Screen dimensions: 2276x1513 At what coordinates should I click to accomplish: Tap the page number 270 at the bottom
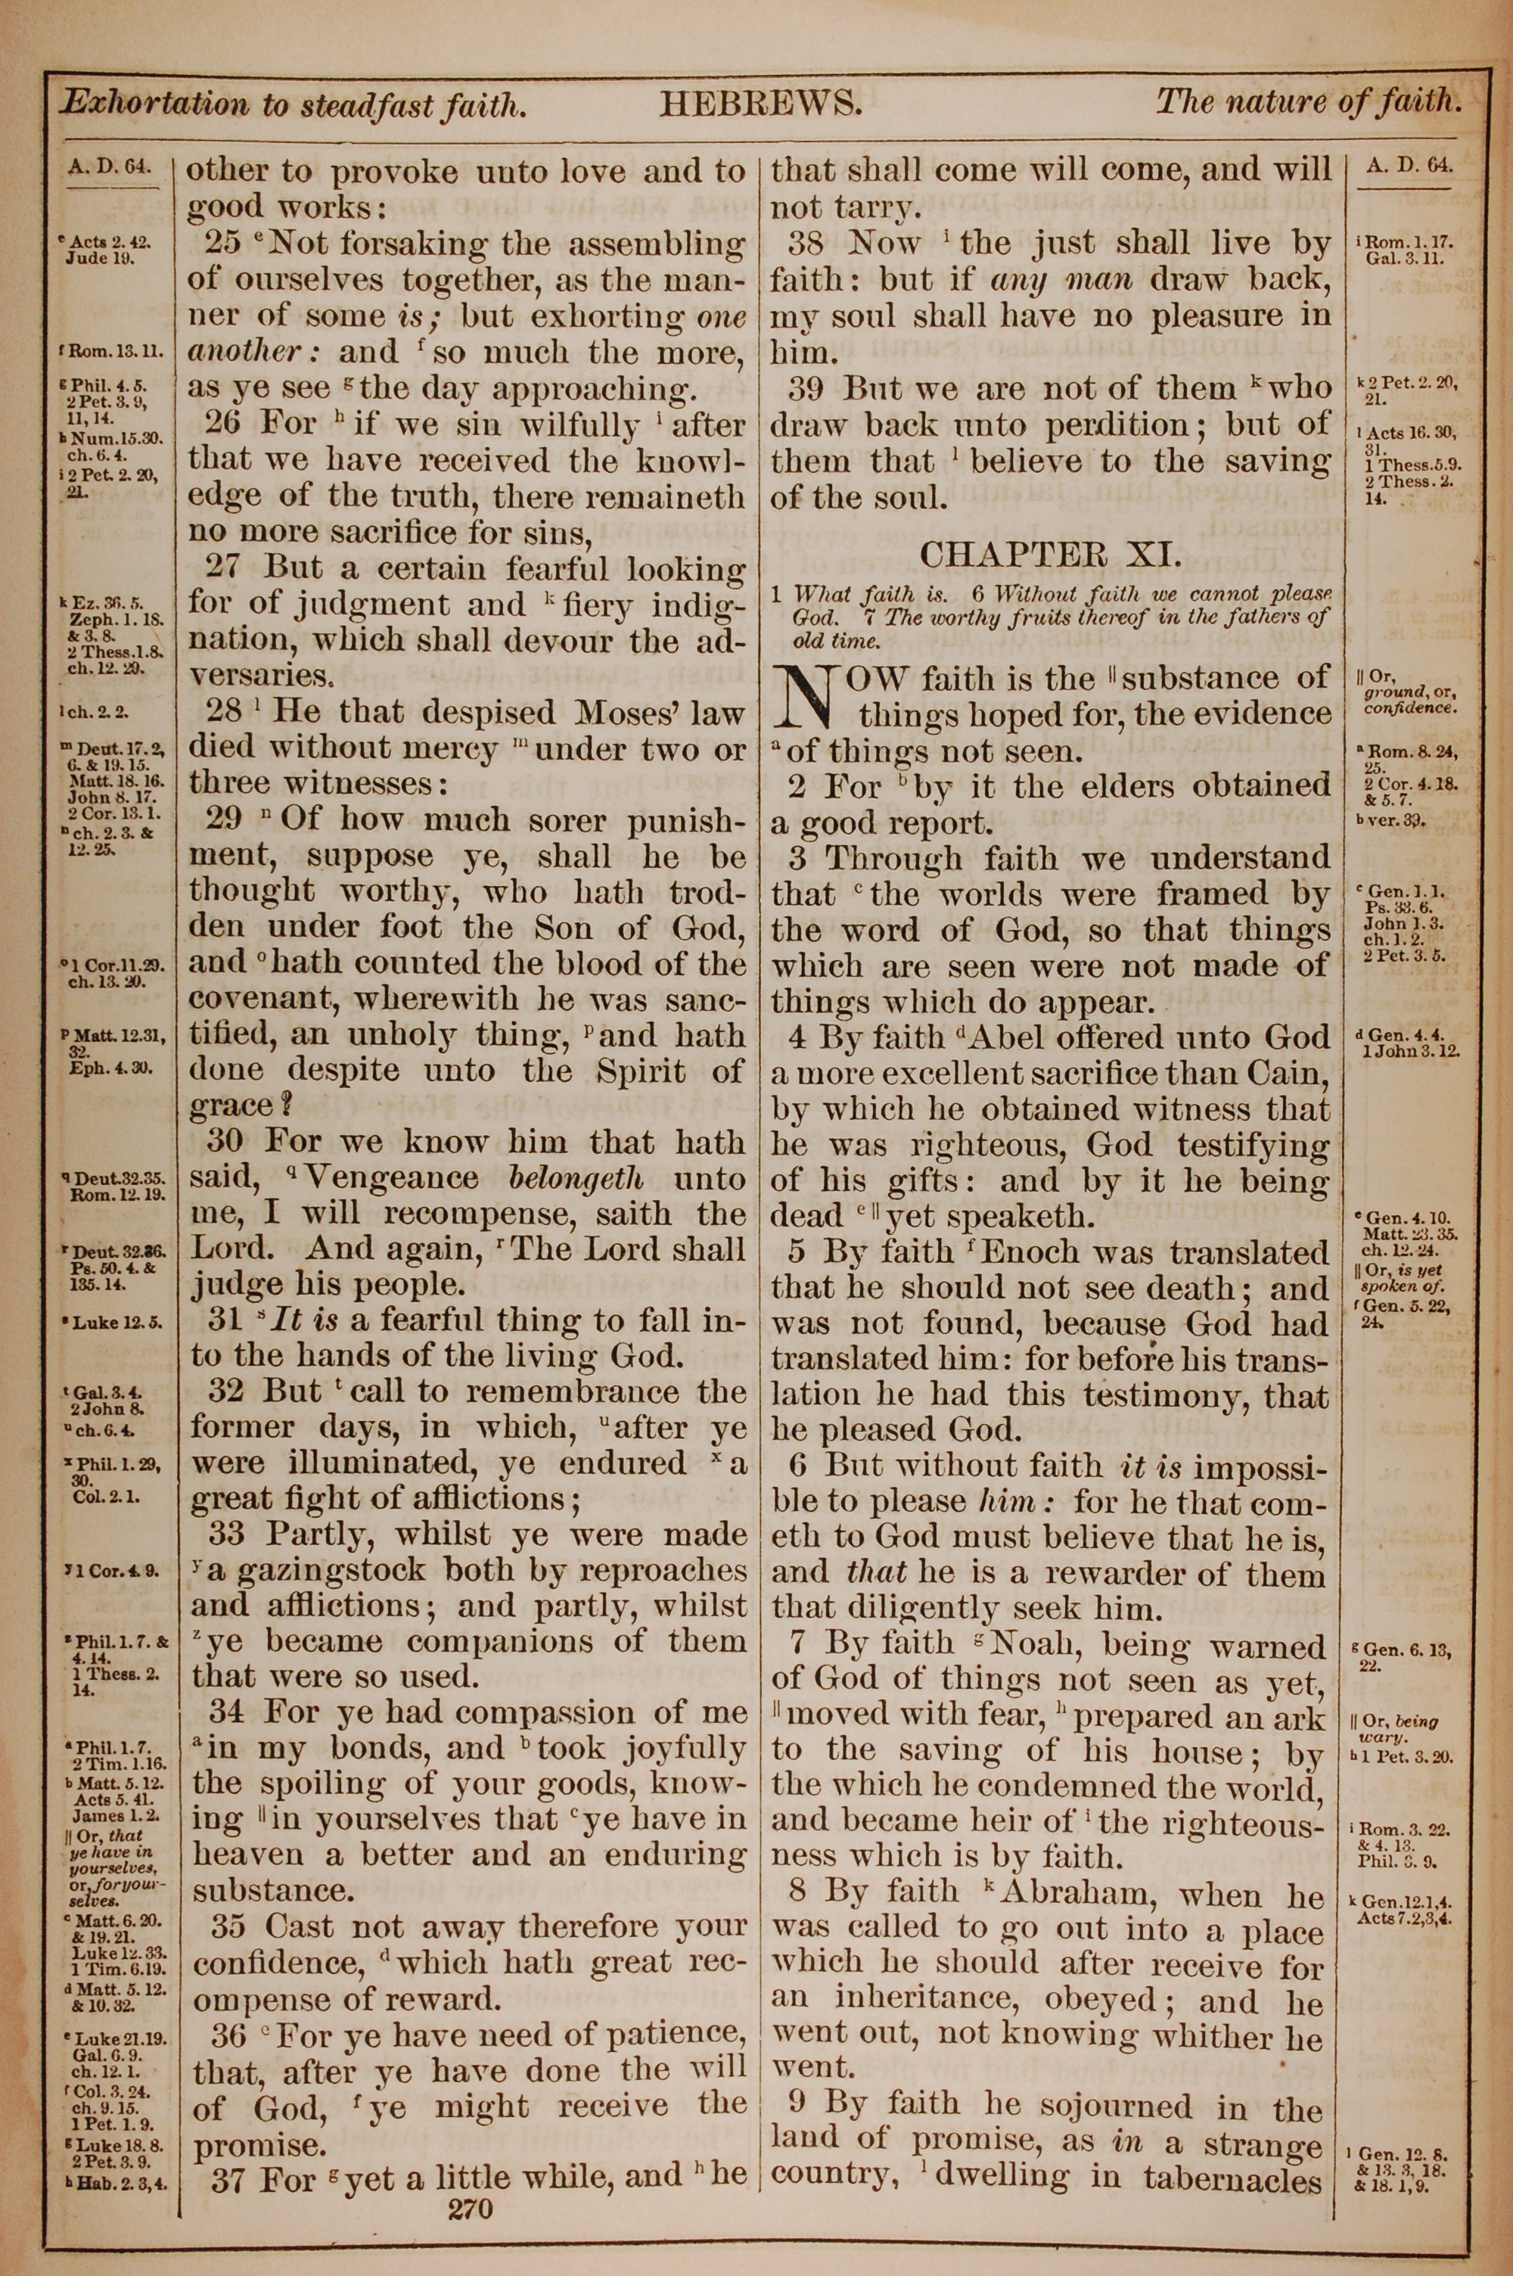pyautogui.click(x=471, y=2181)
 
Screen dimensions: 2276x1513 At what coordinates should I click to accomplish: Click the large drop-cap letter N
pyautogui.click(x=809, y=698)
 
